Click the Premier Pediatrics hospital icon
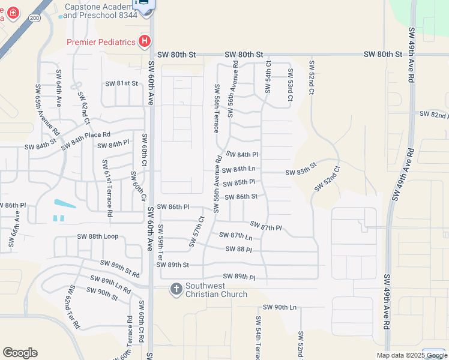pos(144,41)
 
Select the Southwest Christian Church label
pos(216,290)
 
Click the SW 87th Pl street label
pos(266,226)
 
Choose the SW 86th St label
pos(241,196)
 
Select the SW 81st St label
pos(122,83)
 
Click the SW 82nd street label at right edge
pos(433,114)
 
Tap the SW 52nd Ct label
pos(327,179)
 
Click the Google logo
pos(20,352)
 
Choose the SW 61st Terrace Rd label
pos(107,188)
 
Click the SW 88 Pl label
pos(238,249)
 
